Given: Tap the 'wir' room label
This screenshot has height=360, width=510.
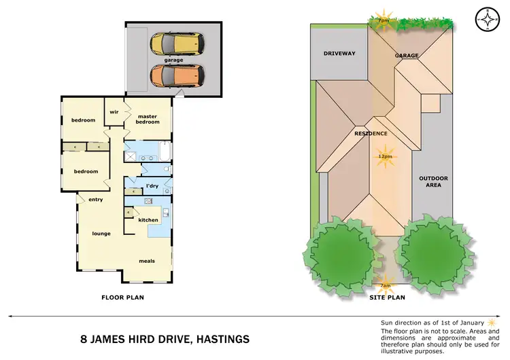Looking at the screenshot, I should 114,113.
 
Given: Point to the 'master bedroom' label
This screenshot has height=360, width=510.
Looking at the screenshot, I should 148,119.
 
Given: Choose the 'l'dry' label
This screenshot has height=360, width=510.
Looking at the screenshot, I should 152,185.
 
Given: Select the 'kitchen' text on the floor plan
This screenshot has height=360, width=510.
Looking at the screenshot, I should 148,219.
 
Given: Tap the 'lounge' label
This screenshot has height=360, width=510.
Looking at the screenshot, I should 101,234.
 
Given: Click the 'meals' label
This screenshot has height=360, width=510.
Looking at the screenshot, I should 147,261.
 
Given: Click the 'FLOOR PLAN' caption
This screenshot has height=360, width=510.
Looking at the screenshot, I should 122,297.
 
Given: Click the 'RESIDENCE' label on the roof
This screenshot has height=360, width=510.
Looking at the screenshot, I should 371,134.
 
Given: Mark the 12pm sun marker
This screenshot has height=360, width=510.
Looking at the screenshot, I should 385,156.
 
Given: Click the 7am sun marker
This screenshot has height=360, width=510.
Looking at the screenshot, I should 385,285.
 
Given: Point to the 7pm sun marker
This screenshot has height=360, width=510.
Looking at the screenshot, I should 384,19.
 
